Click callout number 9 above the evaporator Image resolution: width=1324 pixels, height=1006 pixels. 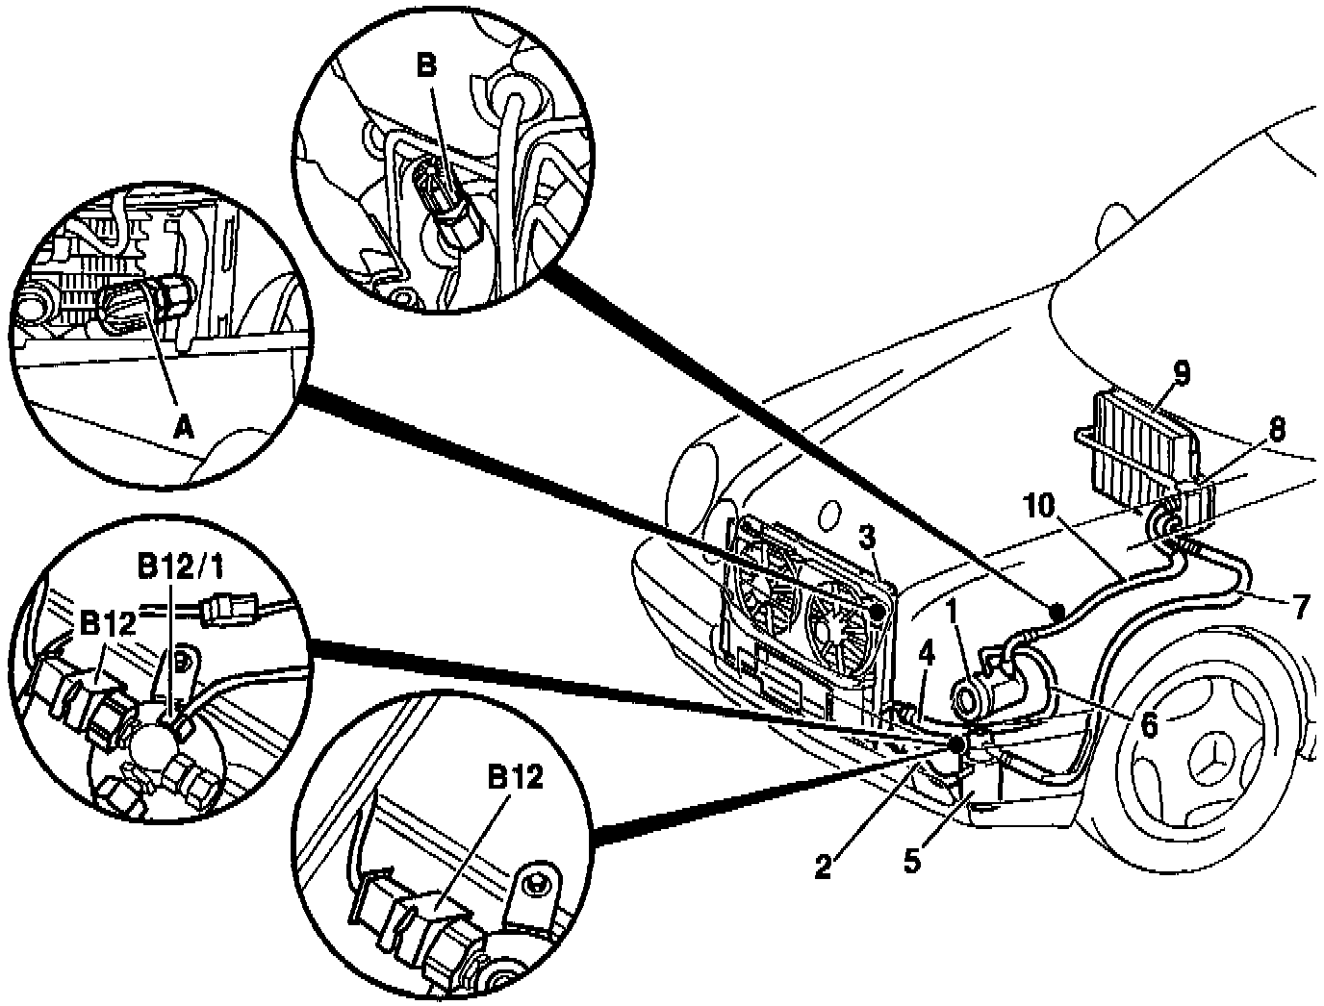[x=1182, y=371]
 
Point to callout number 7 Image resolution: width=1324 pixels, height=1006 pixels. [x=1300, y=608]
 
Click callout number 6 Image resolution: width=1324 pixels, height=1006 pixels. [x=1149, y=724]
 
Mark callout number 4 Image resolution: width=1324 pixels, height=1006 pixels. [x=926, y=654]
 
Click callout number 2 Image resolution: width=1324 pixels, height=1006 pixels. [x=823, y=867]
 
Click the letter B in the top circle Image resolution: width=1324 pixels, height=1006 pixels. [x=427, y=65]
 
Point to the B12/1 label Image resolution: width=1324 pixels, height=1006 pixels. [x=177, y=569]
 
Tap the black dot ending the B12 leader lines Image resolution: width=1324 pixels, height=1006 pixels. [x=957, y=743]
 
